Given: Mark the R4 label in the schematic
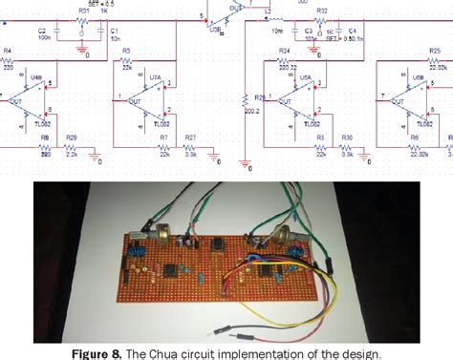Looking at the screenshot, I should (x=8, y=51).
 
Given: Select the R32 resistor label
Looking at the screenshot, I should (x=322, y=11).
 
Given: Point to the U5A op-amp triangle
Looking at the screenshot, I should (x=289, y=98).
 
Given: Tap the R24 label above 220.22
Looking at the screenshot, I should (x=284, y=50).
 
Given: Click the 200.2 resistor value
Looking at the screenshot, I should (x=252, y=111).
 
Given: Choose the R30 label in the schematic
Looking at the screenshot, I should (x=347, y=138).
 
